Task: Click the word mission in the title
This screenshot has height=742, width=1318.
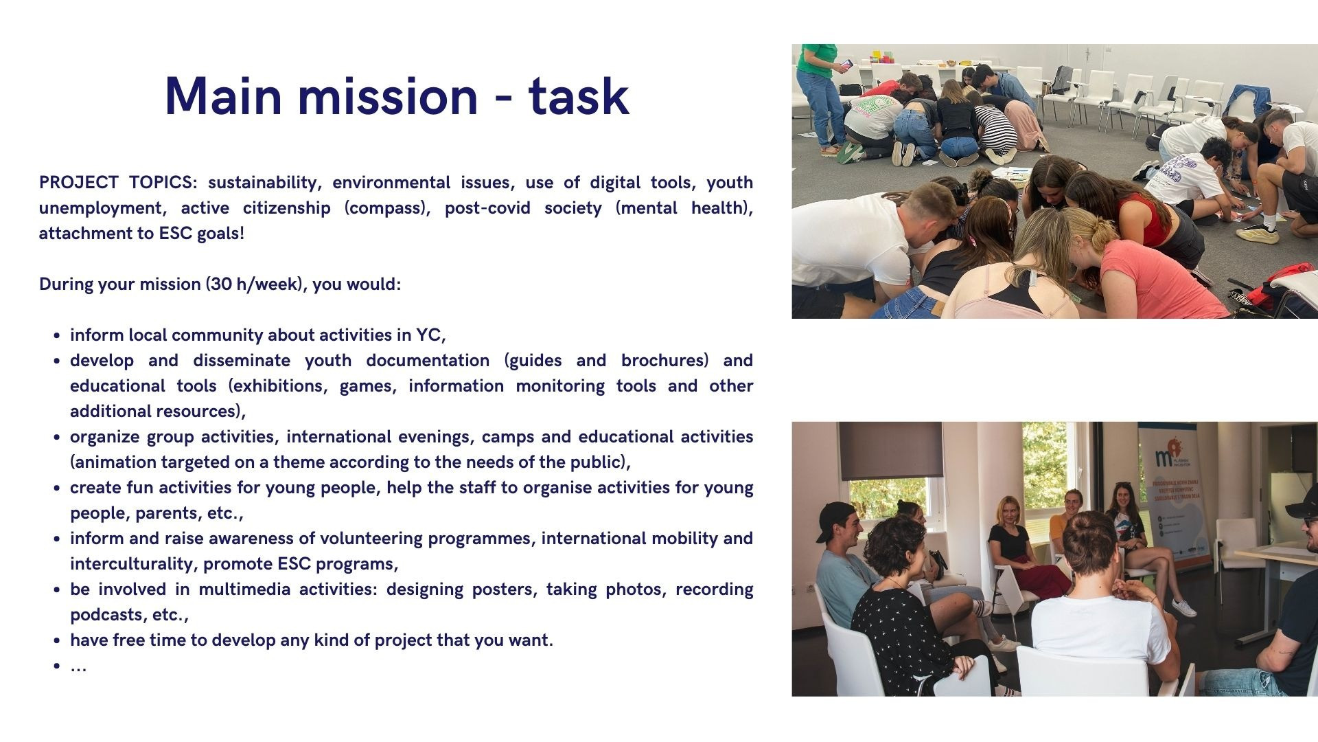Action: (387, 95)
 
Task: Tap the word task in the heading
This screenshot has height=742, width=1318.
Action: (579, 95)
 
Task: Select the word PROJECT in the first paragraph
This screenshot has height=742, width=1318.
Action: (78, 182)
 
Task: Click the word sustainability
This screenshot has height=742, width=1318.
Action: (264, 183)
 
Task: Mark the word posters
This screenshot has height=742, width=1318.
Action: (505, 590)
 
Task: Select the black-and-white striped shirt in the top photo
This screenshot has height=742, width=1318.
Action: (995, 127)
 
